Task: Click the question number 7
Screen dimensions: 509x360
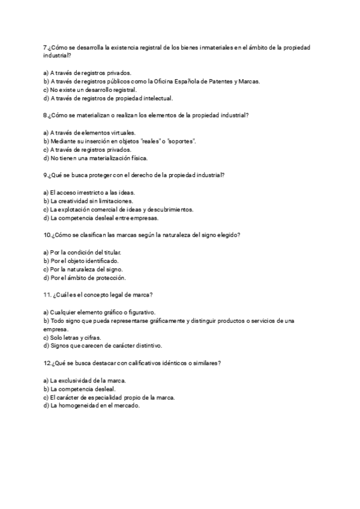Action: (46, 47)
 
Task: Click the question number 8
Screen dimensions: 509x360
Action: (46, 115)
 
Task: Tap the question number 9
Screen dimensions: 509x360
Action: (46, 175)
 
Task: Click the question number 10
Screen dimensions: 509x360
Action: (47, 235)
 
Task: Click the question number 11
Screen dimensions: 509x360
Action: (47, 295)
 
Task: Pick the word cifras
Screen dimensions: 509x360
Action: (91, 338)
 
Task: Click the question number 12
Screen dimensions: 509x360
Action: (47, 364)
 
